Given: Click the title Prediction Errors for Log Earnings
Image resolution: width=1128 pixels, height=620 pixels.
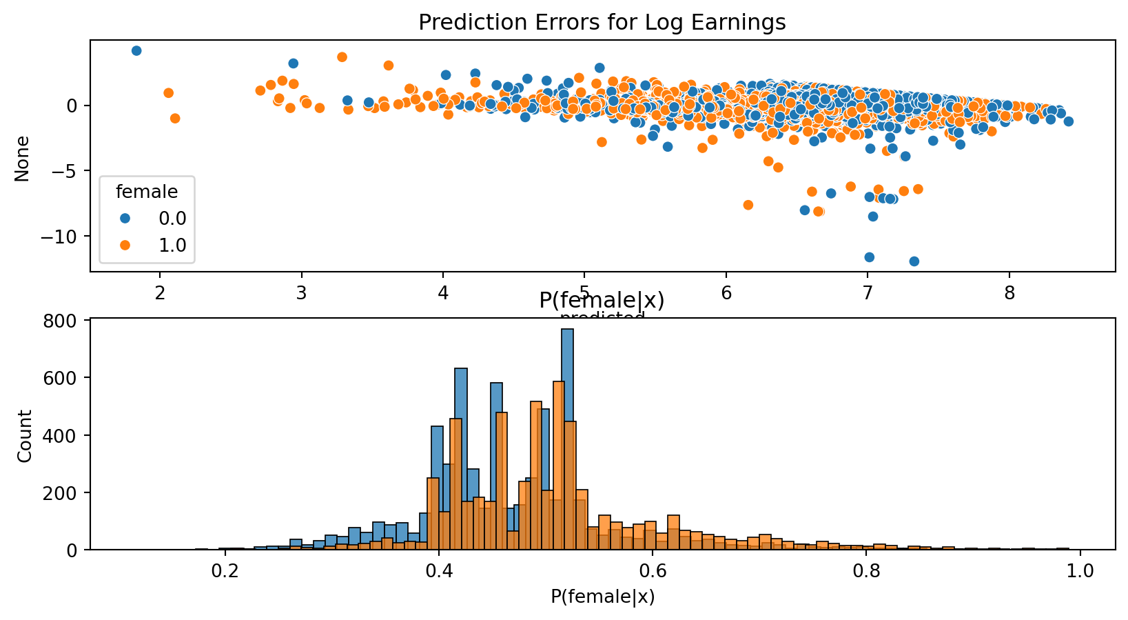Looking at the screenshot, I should click(602, 23).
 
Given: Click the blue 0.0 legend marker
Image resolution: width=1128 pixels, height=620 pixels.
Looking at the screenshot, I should click(125, 218).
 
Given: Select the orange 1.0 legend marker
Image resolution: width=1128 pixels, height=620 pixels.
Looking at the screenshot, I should click(125, 245).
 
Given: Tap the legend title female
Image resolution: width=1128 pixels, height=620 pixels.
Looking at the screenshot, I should click(147, 191).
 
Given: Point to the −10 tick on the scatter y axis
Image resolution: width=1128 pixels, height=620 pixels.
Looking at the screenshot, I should click(66, 237).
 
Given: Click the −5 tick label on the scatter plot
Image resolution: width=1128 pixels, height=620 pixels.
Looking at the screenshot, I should click(72, 171).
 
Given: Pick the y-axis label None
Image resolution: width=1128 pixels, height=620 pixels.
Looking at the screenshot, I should click(23, 159).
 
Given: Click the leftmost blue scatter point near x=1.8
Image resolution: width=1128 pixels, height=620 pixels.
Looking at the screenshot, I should click(136, 50).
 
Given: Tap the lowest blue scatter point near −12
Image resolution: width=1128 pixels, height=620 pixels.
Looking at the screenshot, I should click(914, 261).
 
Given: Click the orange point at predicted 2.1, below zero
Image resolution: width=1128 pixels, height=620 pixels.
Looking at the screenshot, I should click(175, 118).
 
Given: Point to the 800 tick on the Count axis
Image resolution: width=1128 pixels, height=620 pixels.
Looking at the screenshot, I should click(68, 321).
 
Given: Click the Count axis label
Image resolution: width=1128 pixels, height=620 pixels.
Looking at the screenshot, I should click(25, 436).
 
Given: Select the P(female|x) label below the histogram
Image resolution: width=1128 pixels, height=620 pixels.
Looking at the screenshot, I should click(602, 597).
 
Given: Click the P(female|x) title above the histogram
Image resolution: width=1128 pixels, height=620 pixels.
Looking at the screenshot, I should click(602, 301).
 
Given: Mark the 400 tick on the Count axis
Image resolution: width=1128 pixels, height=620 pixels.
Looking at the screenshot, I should click(68, 435).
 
